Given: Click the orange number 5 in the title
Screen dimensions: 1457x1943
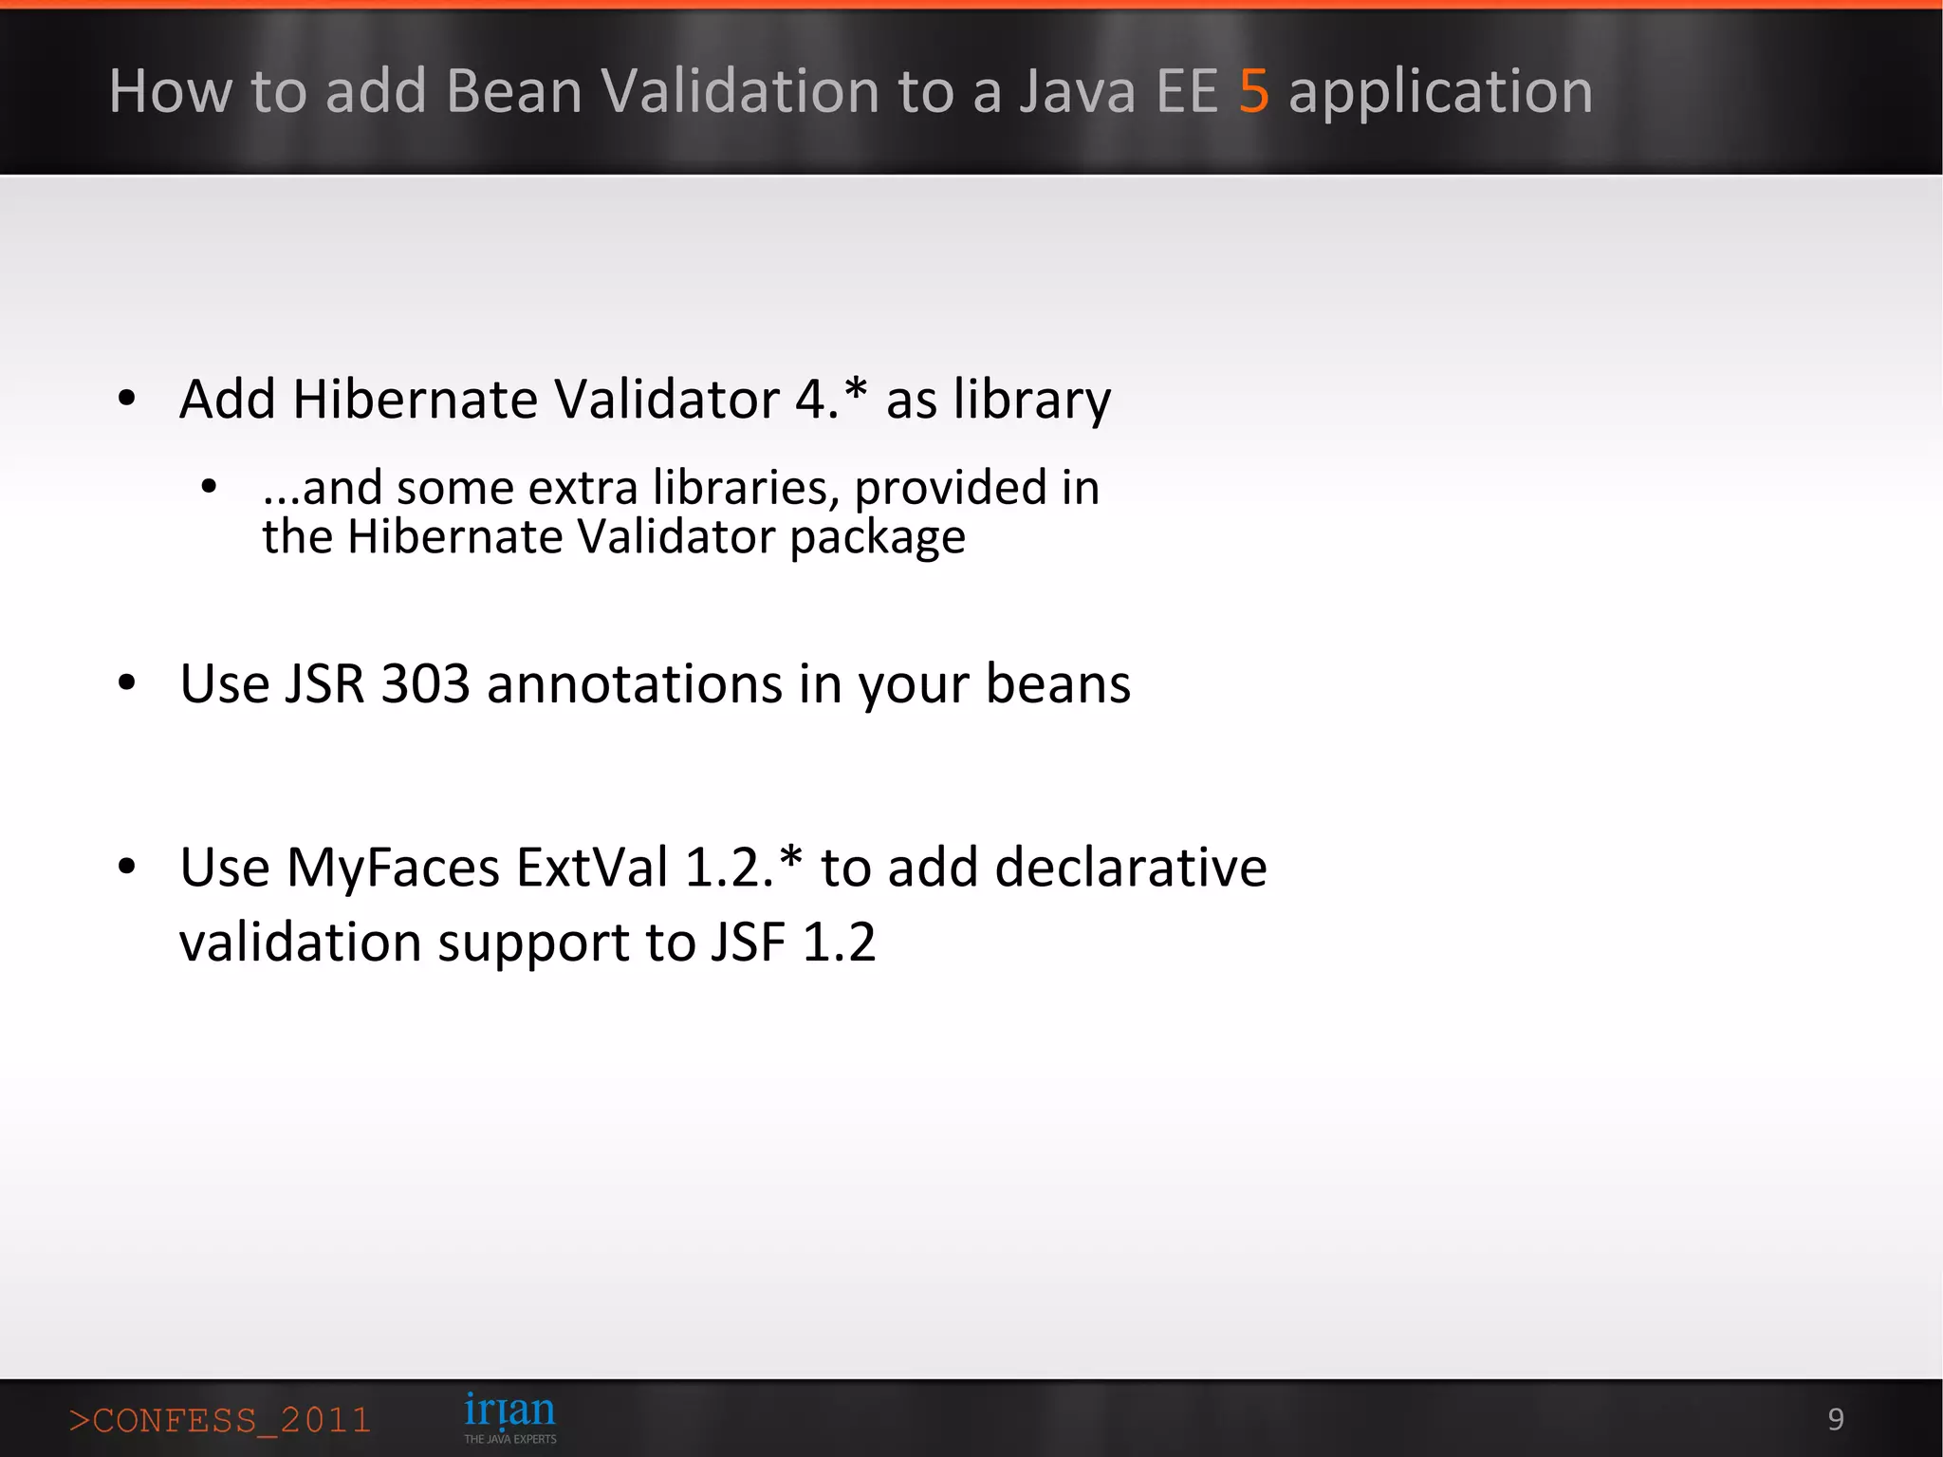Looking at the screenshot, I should (1253, 92).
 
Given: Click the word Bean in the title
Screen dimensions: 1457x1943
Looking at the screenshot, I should (513, 92).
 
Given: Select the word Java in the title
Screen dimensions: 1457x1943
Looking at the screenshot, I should (1077, 92).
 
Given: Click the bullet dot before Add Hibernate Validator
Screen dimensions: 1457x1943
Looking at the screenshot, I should (127, 399).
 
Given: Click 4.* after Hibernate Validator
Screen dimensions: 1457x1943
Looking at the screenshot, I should (830, 398).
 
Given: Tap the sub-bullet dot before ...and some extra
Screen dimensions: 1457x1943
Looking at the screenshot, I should (210, 488).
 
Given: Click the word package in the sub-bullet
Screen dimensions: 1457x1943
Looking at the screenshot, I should (878, 538).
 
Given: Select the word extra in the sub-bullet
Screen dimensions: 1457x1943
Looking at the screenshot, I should (583, 488).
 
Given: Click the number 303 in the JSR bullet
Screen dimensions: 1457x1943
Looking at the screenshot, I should (425, 683).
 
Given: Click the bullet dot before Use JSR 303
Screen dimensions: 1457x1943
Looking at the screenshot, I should (127, 683).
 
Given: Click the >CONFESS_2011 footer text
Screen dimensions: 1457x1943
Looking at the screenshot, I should (219, 1420).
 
